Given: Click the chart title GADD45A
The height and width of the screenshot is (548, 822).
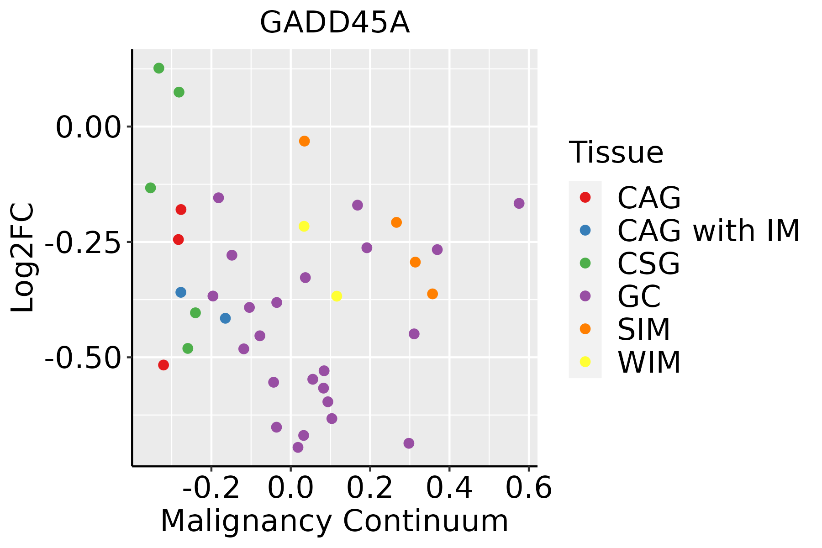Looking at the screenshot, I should [x=335, y=23].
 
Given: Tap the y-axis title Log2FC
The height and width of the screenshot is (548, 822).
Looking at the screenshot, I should [x=23, y=258].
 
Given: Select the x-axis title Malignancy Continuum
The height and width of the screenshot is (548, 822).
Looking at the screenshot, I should [x=334, y=521].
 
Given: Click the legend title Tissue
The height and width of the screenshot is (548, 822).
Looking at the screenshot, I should [x=616, y=153].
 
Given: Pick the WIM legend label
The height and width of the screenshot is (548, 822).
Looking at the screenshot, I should [x=649, y=363].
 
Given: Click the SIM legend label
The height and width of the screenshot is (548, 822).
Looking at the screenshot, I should [x=643, y=329].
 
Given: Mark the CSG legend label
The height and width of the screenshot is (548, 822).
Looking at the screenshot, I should [x=648, y=263].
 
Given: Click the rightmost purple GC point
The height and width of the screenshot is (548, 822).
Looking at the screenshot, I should [x=519, y=203].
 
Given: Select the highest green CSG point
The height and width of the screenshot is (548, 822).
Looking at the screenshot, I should [x=159, y=68].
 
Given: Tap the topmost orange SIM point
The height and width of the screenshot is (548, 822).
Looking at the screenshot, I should [x=304, y=141].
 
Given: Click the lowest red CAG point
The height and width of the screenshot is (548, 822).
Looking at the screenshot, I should [x=163, y=365].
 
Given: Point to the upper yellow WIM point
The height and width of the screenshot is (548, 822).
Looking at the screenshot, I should [x=304, y=226].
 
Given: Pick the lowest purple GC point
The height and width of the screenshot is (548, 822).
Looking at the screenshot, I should [x=298, y=447].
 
